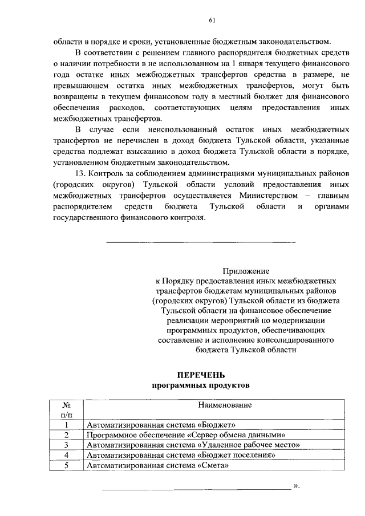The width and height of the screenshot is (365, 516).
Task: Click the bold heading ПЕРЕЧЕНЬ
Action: pyautogui.click(x=201, y=375)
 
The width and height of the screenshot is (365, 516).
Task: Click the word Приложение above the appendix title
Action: pyautogui.click(x=245, y=271)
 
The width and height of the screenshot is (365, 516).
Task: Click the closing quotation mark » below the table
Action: pyautogui.click(x=296, y=486)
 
